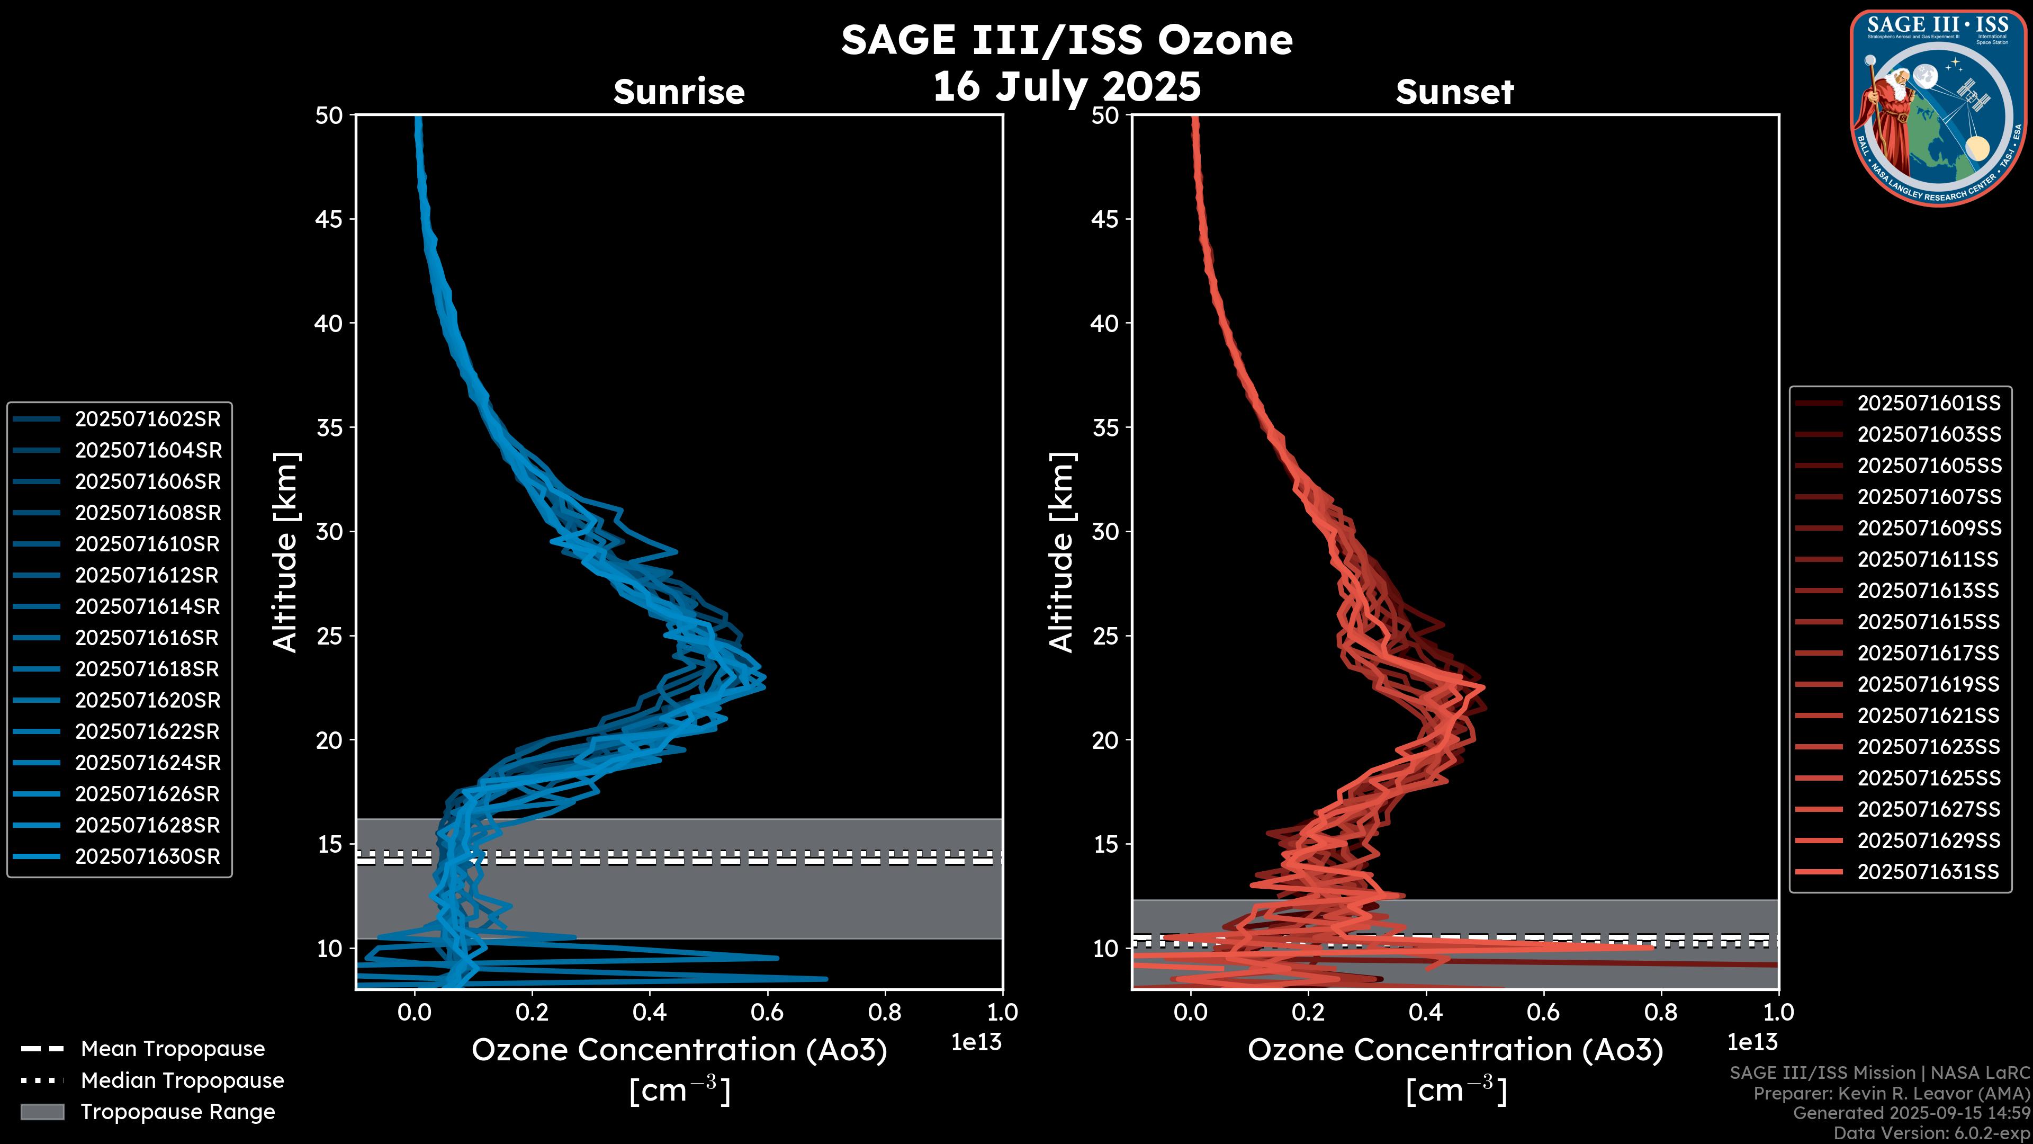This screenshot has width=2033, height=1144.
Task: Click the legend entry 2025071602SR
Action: [148, 419]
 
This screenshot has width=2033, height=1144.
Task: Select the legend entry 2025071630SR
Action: [148, 856]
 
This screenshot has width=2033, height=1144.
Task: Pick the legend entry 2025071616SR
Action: [148, 638]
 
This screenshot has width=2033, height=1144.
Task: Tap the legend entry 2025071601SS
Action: [1928, 404]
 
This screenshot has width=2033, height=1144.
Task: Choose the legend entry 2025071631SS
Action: [1928, 872]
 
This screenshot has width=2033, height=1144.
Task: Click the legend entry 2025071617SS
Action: [1928, 654]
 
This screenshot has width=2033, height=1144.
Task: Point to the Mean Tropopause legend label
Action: [173, 1049]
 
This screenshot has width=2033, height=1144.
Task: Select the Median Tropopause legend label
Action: [182, 1081]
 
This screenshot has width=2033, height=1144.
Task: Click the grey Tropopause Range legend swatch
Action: [42, 1112]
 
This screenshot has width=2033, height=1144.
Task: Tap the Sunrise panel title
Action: [679, 92]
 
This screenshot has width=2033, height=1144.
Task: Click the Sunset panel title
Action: [1454, 92]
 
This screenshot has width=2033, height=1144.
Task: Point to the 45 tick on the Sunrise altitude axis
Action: [329, 219]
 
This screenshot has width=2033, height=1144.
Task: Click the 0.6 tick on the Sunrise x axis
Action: [767, 1012]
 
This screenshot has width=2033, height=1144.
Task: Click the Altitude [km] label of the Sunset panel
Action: [1062, 552]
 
